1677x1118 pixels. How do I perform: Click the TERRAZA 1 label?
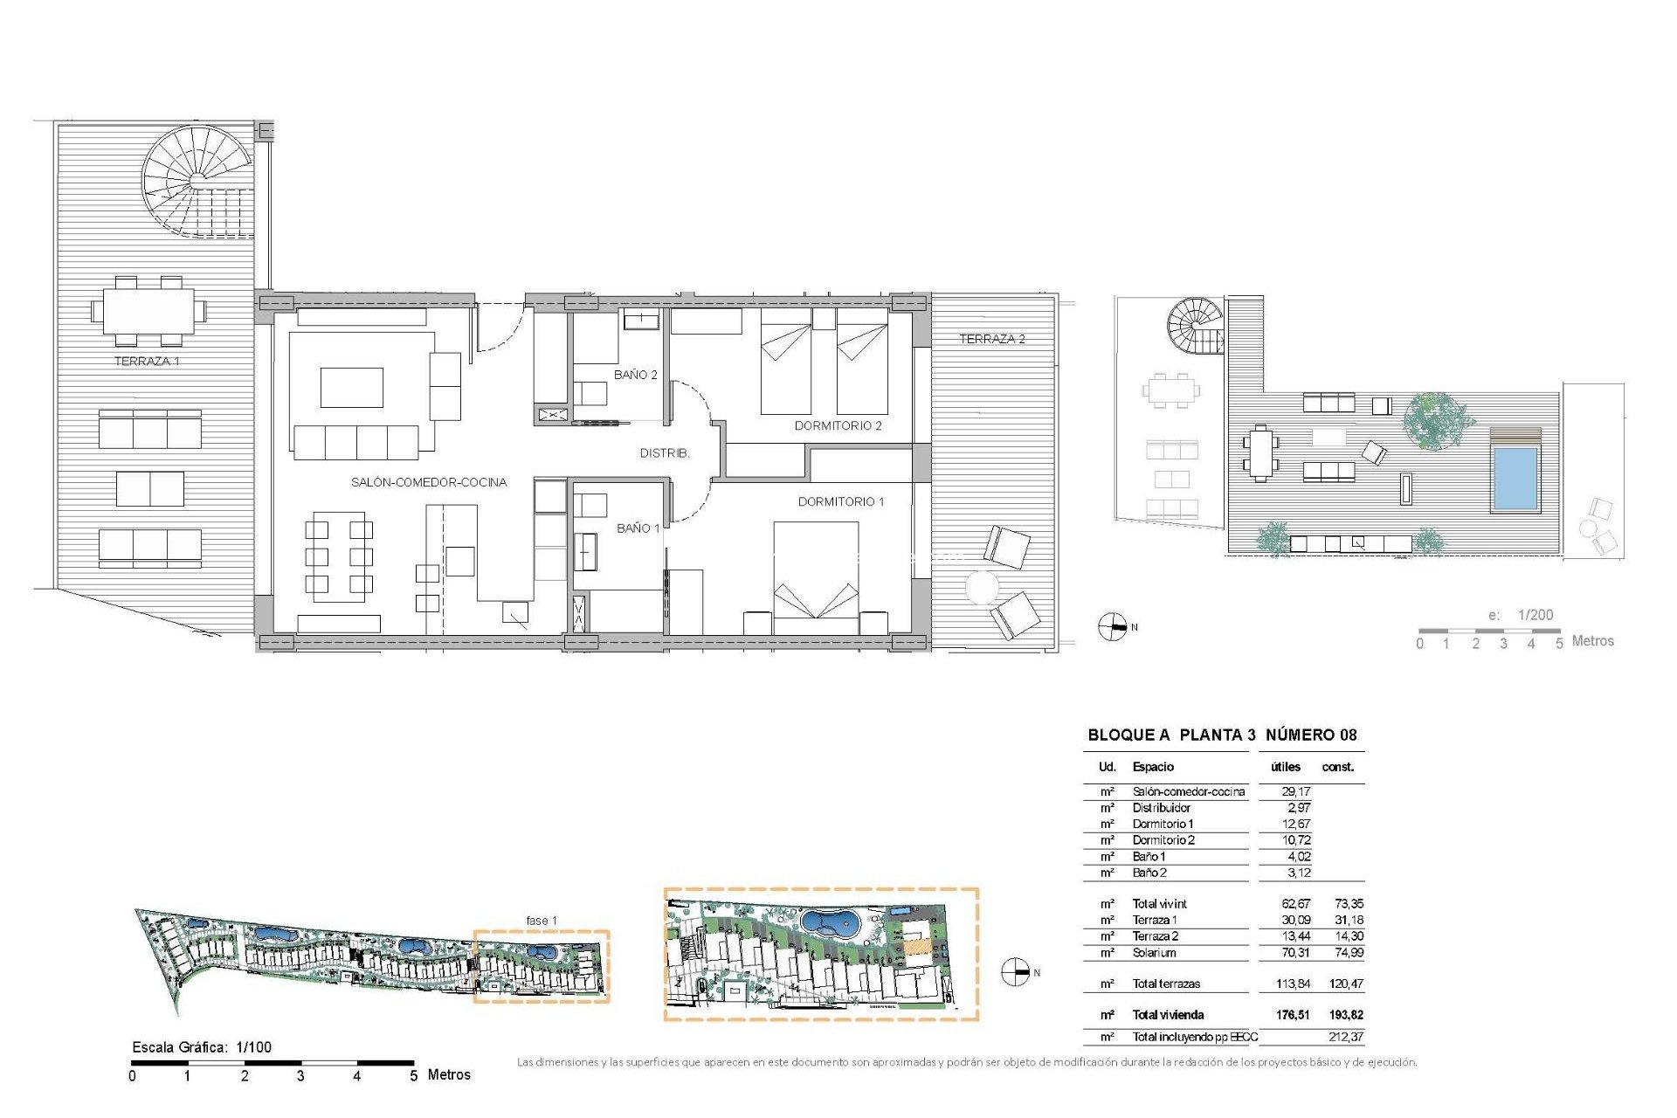coord(147,361)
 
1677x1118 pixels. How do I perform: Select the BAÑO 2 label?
coord(635,375)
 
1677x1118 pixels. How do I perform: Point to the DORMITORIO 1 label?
coord(840,501)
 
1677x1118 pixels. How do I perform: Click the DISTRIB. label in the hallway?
coord(664,453)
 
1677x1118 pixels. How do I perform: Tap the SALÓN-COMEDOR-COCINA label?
coord(428,482)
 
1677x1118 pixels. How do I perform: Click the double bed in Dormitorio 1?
coord(816,576)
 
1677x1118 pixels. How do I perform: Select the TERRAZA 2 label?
coord(991,339)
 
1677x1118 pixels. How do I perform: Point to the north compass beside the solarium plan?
coord(1112,627)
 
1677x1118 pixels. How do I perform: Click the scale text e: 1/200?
coord(1521,615)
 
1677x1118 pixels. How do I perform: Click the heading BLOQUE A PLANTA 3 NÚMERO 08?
coord(1222,735)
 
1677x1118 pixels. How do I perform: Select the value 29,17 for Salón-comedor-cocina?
coord(1295,791)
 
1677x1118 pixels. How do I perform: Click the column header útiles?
coord(1285,767)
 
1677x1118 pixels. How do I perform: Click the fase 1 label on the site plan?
coord(542,921)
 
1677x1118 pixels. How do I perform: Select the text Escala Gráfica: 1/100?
coord(202,1047)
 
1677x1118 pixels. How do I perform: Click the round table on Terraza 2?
coord(982,588)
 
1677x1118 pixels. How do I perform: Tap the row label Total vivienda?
coord(1168,1015)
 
